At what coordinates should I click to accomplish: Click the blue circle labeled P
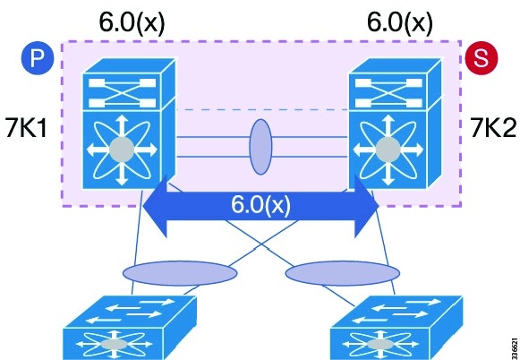point(38,58)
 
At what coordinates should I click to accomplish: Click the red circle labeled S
point(482,58)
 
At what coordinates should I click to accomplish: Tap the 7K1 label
point(27,128)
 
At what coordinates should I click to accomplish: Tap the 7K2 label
point(493,128)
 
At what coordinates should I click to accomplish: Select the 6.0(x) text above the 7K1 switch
point(132,22)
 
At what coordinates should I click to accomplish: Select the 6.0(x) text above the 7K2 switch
point(399,22)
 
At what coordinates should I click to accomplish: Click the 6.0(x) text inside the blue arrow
point(260,205)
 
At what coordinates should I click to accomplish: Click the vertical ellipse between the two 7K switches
point(260,147)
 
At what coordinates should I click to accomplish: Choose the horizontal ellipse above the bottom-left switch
point(180,273)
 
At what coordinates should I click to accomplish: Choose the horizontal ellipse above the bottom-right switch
point(343,273)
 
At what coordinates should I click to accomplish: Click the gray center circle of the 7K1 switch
point(122,150)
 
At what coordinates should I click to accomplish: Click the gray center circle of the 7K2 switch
point(388,150)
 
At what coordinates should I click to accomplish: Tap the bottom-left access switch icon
point(130,328)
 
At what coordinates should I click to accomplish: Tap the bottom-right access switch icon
point(396,328)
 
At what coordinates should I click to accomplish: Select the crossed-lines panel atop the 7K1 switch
point(122,92)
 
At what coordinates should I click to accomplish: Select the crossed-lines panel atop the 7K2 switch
point(388,92)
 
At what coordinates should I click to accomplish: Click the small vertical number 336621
point(515,348)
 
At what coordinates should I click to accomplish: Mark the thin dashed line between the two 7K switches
point(262,109)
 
